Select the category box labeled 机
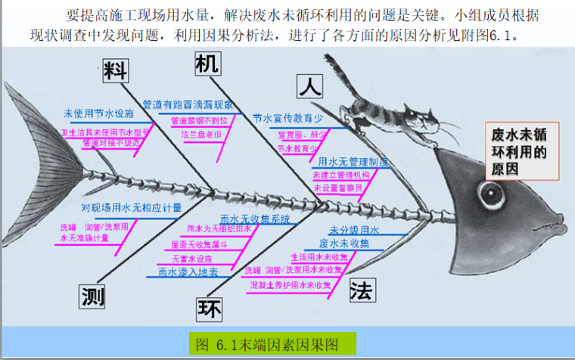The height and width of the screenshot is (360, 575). [x=207, y=64]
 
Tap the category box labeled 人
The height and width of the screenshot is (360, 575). [x=309, y=87]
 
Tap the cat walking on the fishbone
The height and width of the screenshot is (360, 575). [x=390, y=113]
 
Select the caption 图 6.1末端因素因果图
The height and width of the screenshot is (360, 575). [x=269, y=344]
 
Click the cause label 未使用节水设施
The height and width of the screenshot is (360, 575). [x=98, y=113]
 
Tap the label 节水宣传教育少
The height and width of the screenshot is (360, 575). [x=287, y=118]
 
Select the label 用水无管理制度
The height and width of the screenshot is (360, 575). [x=353, y=162]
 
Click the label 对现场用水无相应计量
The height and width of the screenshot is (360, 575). [x=131, y=206]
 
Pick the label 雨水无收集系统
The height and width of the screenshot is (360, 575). [x=260, y=219]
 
